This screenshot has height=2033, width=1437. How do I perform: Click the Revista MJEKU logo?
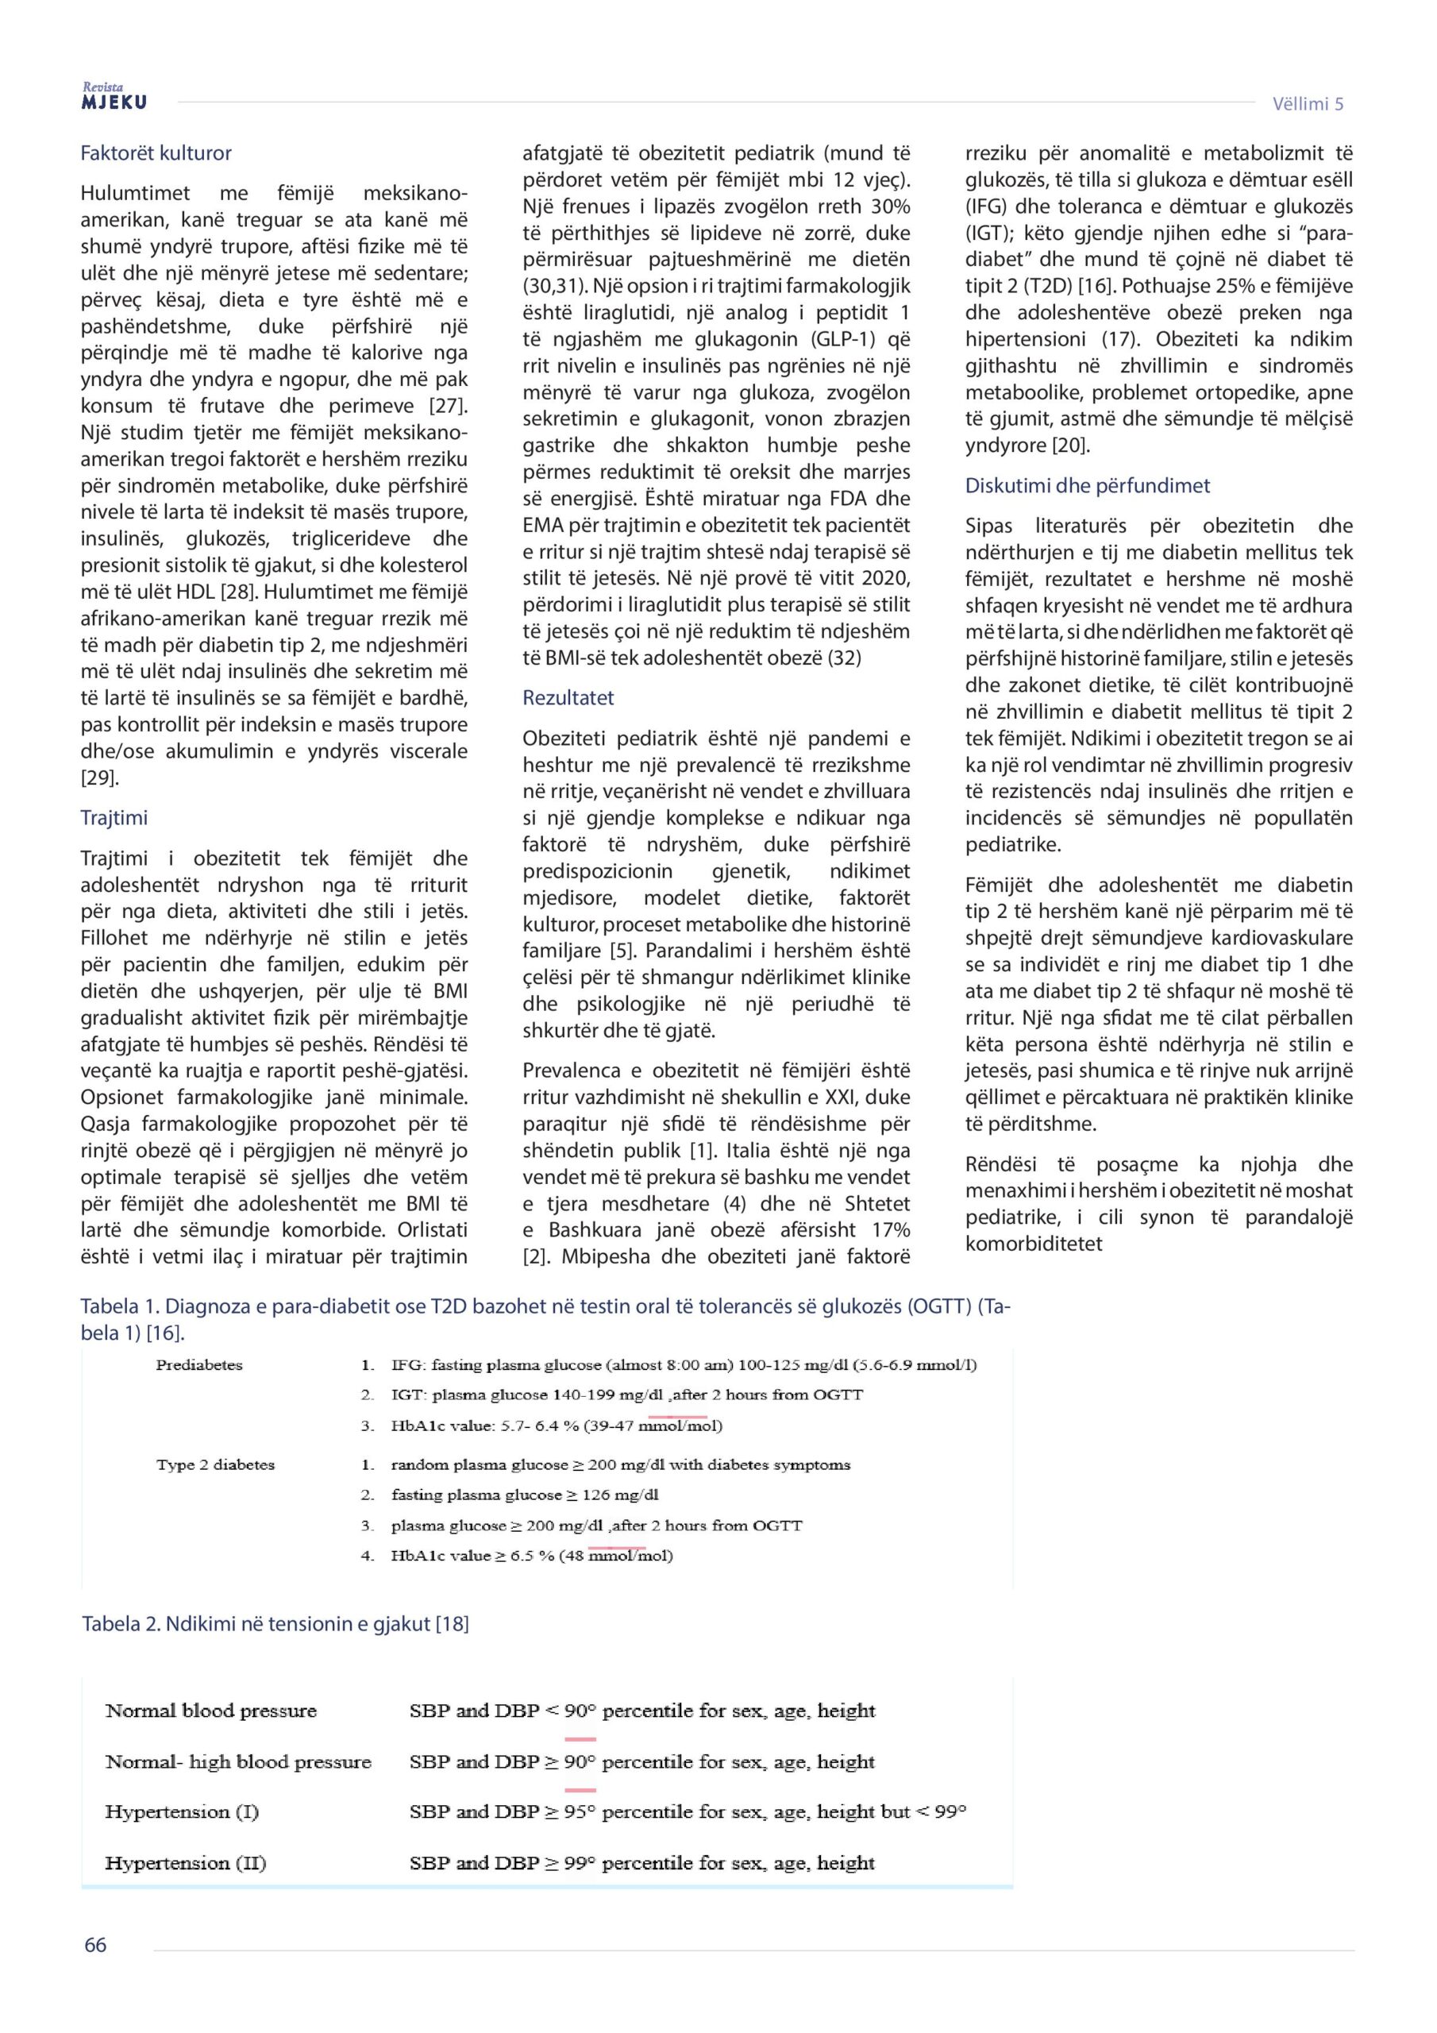coord(114,97)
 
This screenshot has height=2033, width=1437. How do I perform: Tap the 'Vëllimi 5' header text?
coord(1307,103)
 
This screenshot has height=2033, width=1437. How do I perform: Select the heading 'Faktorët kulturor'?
coord(156,153)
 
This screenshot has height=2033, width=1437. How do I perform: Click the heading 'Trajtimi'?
coord(114,817)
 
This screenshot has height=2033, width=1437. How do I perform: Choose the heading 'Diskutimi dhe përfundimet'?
coord(1087,485)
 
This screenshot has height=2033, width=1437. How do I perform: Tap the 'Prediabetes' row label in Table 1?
coord(199,1364)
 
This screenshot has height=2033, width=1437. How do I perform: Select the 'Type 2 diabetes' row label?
coord(215,1464)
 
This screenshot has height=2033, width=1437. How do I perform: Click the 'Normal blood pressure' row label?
coord(210,1710)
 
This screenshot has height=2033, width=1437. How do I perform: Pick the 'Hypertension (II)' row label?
coord(185,1862)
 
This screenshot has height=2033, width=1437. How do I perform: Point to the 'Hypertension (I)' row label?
coord(182,1811)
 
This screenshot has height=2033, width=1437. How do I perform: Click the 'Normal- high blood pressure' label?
coord(238,1761)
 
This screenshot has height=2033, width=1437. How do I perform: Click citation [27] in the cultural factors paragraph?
coord(446,406)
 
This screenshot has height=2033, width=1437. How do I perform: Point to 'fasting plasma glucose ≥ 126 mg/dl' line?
coord(525,1495)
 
